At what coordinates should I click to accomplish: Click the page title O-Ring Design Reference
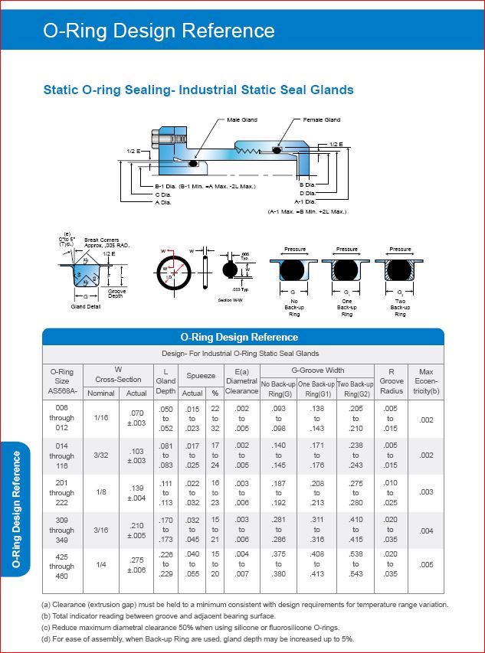point(159,31)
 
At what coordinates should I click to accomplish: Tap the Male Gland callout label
point(242,120)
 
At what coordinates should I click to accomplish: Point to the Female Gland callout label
point(320,120)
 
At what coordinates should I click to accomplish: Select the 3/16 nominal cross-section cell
point(101,530)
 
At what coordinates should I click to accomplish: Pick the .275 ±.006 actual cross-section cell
point(136,567)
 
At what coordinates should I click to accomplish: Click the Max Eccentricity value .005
point(426,567)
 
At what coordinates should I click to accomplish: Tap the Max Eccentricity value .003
point(426,493)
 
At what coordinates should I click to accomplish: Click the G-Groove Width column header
point(318,371)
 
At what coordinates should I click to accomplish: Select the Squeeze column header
point(201,376)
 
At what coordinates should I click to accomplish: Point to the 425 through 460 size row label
point(62,566)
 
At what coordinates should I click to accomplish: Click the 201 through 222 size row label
point(62,493)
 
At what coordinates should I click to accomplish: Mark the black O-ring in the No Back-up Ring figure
point(294,269)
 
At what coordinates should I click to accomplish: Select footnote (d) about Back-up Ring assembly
point(198,638)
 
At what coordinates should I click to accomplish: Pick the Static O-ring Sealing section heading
point(198,90)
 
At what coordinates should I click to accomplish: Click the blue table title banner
point(242,337)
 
